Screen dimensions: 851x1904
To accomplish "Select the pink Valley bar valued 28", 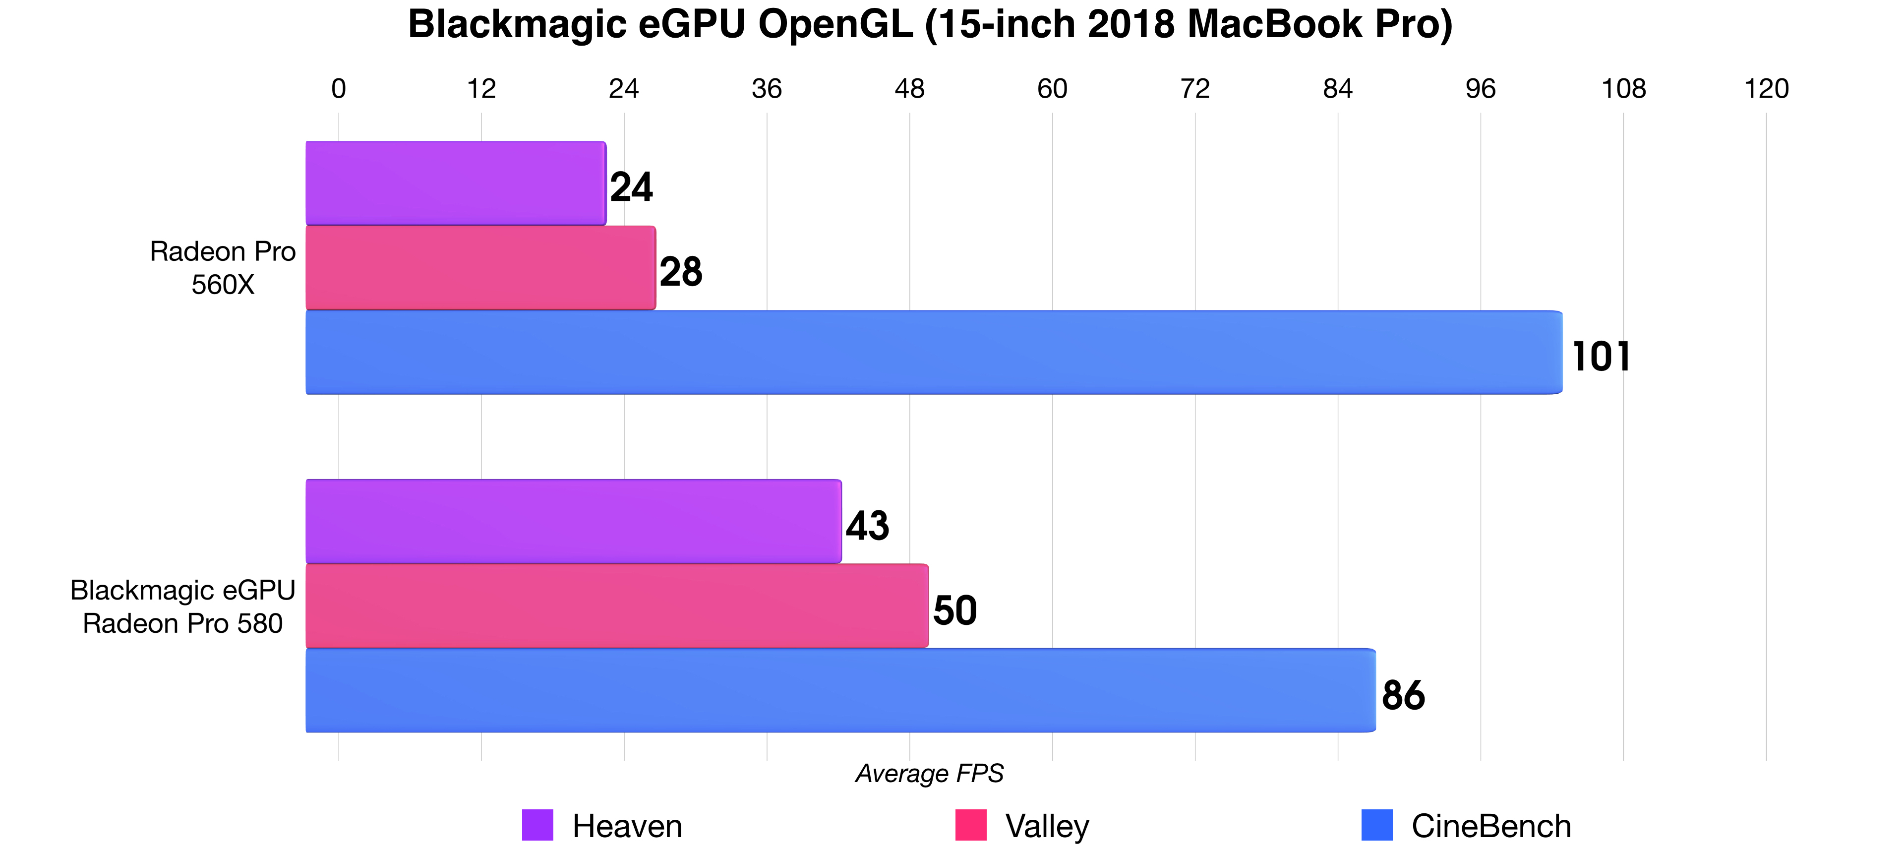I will click(480, 268).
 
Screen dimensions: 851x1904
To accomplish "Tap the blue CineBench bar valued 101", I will click(934, 352).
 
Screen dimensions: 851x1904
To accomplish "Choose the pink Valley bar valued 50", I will click(616, 606).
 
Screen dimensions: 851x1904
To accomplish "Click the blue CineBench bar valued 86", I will click(840, 690).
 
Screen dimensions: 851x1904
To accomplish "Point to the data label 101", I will click(1601, 357).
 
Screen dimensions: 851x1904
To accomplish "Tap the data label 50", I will click(955, 610).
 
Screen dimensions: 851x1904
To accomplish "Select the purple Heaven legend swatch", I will click(537, 825).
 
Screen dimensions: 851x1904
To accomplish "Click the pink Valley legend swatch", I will click(970, 825).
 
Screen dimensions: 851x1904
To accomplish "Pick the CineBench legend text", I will click(1491, 826).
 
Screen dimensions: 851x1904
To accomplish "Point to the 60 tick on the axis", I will click(1052, 89).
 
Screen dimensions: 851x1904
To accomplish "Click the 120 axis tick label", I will click(1766, 89).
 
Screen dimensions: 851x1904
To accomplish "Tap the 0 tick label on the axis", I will click(339, 89).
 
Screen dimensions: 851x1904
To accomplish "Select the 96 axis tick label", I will click(1481, 89).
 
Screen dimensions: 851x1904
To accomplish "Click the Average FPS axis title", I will click(929, 773).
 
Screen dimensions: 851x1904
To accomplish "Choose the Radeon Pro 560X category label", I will click(223, 268).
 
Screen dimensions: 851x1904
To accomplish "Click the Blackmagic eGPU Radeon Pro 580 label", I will click(182, 607).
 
